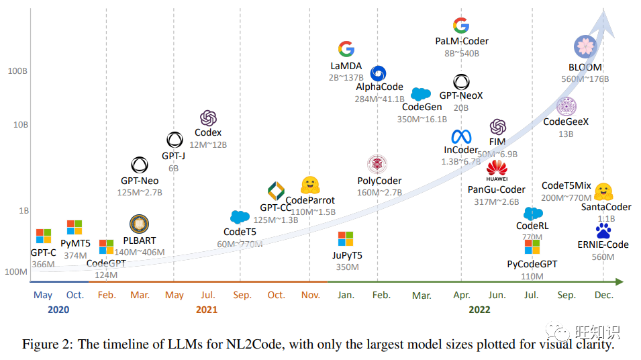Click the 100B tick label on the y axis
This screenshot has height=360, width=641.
tap(16, 71)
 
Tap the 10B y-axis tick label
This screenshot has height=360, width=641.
tap(18, 125)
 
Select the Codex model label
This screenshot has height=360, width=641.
tap(208, 132)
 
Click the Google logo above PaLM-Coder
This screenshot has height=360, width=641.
tap(461, 26)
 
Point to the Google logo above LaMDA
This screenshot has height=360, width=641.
tap(346, 49)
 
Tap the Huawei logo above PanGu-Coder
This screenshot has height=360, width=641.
tap(497, 171)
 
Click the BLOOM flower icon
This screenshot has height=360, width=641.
tap(585, 47)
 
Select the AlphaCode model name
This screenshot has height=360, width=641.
tap(379, 87)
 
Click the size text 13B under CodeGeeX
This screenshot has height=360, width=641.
tap(566, 134)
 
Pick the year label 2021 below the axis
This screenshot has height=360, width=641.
tap(207, 310)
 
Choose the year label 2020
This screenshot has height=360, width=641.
tap(58, 310)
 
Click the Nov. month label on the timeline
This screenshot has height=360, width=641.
tap(311, 295)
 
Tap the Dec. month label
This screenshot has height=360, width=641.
tap(603, 295)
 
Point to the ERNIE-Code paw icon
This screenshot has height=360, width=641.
tap(603, 231)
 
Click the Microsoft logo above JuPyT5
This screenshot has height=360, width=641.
tap(346, 238)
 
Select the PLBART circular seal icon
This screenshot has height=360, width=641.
tap(139, 223)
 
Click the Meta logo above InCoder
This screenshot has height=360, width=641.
tap(461, 137)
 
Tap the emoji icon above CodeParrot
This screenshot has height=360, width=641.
tap(309, 185)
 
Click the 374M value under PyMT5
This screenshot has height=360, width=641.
tap(75, 255)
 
